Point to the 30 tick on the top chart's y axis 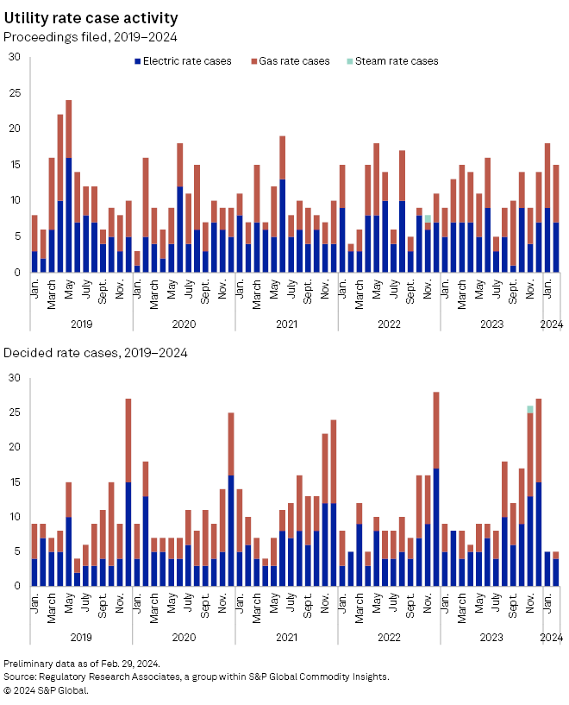pyautogui.click(x=14, y=58)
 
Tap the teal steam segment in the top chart pyautogui.click(x=428, y=218)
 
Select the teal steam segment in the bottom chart pyautogui.click(x=529, y=409)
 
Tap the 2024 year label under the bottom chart pyautogui.click(x=551, y=637)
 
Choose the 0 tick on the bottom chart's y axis pyautogui.click(x=17, y=587)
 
